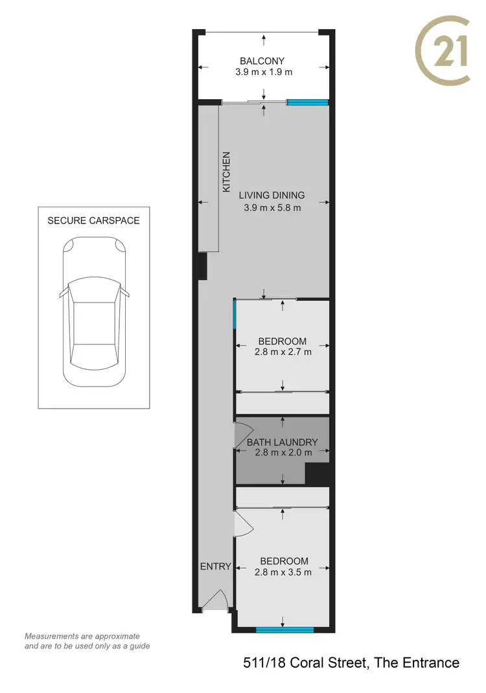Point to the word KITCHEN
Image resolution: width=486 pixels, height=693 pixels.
tap(227, 172)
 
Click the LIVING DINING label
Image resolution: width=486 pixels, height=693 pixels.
tap(272, 195)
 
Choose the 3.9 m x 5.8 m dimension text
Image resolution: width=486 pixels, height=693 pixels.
tap(272, 207)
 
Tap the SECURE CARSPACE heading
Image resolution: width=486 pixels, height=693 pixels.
tap(93, 220)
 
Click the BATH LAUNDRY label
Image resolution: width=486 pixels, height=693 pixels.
tap(283, 443)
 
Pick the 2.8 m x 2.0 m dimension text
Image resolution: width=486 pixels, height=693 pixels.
tap(283, 453)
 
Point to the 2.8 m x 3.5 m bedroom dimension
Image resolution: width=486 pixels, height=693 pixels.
tap(283, 572)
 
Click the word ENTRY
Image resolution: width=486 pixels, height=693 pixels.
tap(215, 566)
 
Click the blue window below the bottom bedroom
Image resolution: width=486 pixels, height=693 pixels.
tap(285, 629)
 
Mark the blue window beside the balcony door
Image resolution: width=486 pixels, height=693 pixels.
tap(308, 102)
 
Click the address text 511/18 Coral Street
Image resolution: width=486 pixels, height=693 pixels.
tap(351, 663)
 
